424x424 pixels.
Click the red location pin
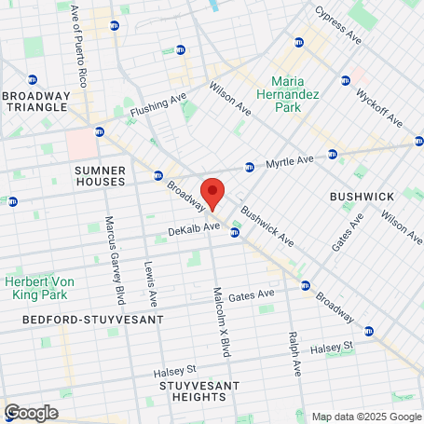point(212,192)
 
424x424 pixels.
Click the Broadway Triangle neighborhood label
point(36,102)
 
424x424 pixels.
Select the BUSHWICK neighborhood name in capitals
point(362,197)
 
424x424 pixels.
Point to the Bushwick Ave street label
point(267,226)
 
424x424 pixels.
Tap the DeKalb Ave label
point(193,226)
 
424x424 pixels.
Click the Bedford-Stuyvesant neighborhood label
point(92,319)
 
